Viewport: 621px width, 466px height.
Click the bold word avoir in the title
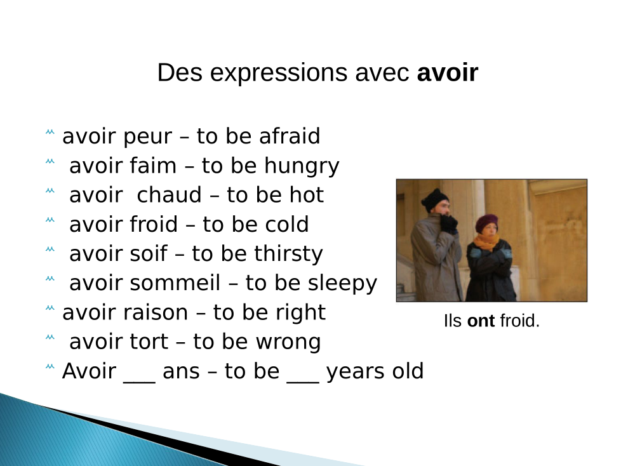click(448, 73)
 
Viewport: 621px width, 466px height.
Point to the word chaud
click(169, 195)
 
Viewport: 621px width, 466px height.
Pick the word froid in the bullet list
click(153, 224)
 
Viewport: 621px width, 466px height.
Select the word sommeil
click(175, 283)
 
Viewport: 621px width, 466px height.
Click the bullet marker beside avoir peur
click(50, 132)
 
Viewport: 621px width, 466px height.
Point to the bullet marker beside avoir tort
click(50, 337)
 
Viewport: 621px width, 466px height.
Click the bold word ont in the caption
click(481, 321)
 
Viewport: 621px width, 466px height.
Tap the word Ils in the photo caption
click(452, 321)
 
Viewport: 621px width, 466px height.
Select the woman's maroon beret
click(486, 222)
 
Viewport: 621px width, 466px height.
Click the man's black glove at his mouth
click(449, 223)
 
